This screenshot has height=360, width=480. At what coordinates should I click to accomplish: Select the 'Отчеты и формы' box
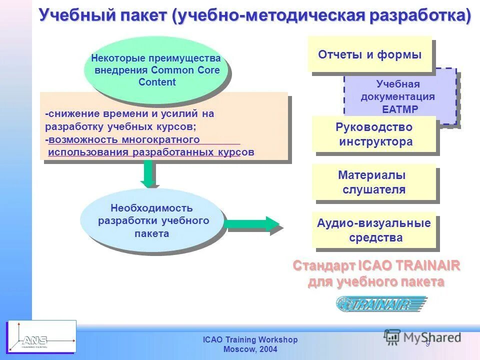coord(369,54)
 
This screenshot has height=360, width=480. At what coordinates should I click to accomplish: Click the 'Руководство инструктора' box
coord(374,134)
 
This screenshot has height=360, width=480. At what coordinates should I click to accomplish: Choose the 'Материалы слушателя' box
coord(373,182)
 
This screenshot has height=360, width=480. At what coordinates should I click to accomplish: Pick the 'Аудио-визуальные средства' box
coord(373,230)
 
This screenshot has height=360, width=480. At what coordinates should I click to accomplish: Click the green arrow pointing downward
coord(147,174)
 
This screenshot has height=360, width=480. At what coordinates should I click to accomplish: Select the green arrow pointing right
coord(253,223)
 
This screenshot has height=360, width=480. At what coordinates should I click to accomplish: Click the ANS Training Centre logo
coord(41,336)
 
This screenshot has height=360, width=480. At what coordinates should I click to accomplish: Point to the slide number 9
coord(427,343)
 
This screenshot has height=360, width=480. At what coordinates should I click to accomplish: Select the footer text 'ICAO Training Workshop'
coord(250,340)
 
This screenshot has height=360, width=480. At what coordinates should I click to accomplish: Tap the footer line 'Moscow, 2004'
coord(250,349)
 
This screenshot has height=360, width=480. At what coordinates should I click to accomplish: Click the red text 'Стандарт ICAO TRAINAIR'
coord(376,265)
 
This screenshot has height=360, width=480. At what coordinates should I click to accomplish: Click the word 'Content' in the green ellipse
coord(157,82)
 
